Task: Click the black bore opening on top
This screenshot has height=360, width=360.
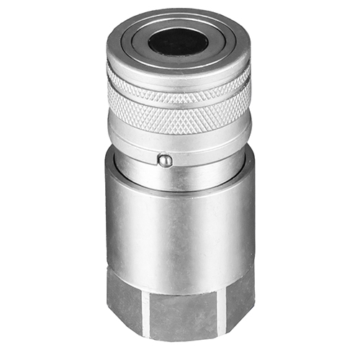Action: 178,42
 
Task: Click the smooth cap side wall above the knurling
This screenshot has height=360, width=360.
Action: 178,72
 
